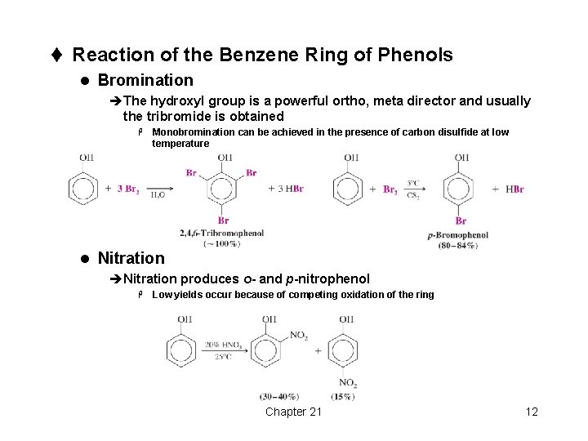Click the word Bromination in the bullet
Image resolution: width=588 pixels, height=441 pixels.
tap(145, 80)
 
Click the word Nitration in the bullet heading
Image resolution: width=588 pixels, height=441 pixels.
tap(131, 258)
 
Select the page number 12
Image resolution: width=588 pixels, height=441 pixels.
tap(531, 411)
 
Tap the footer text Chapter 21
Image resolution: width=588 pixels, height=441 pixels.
tap(293, 411)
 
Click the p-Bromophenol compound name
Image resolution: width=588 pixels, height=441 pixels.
tap(457, 235)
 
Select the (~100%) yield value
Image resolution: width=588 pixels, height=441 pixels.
tap(221, 243)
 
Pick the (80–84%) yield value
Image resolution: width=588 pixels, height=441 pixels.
tap(457, 245)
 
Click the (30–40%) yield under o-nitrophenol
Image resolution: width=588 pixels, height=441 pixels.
tap(279, 397)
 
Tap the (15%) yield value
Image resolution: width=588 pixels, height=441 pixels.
tap(344, 397)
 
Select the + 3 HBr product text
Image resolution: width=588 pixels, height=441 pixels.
tap(286, 189)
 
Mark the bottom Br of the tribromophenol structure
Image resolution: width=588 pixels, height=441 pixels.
tap(223, 220)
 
